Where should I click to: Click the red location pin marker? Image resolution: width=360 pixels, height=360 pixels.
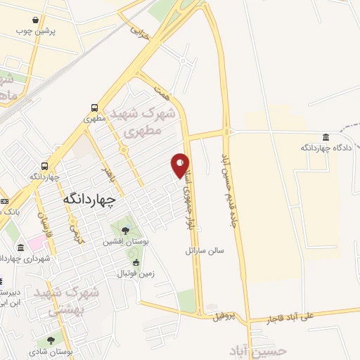[x=181, y=164]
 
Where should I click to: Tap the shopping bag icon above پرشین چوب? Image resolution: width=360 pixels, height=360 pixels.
[x=45, y=20]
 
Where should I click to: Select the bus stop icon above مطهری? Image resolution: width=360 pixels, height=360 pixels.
[x=94, y=108]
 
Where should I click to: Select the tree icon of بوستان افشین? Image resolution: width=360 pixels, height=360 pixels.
[x=124, y=230]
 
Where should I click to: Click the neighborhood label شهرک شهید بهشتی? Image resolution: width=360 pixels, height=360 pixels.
[x=79, y=300]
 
